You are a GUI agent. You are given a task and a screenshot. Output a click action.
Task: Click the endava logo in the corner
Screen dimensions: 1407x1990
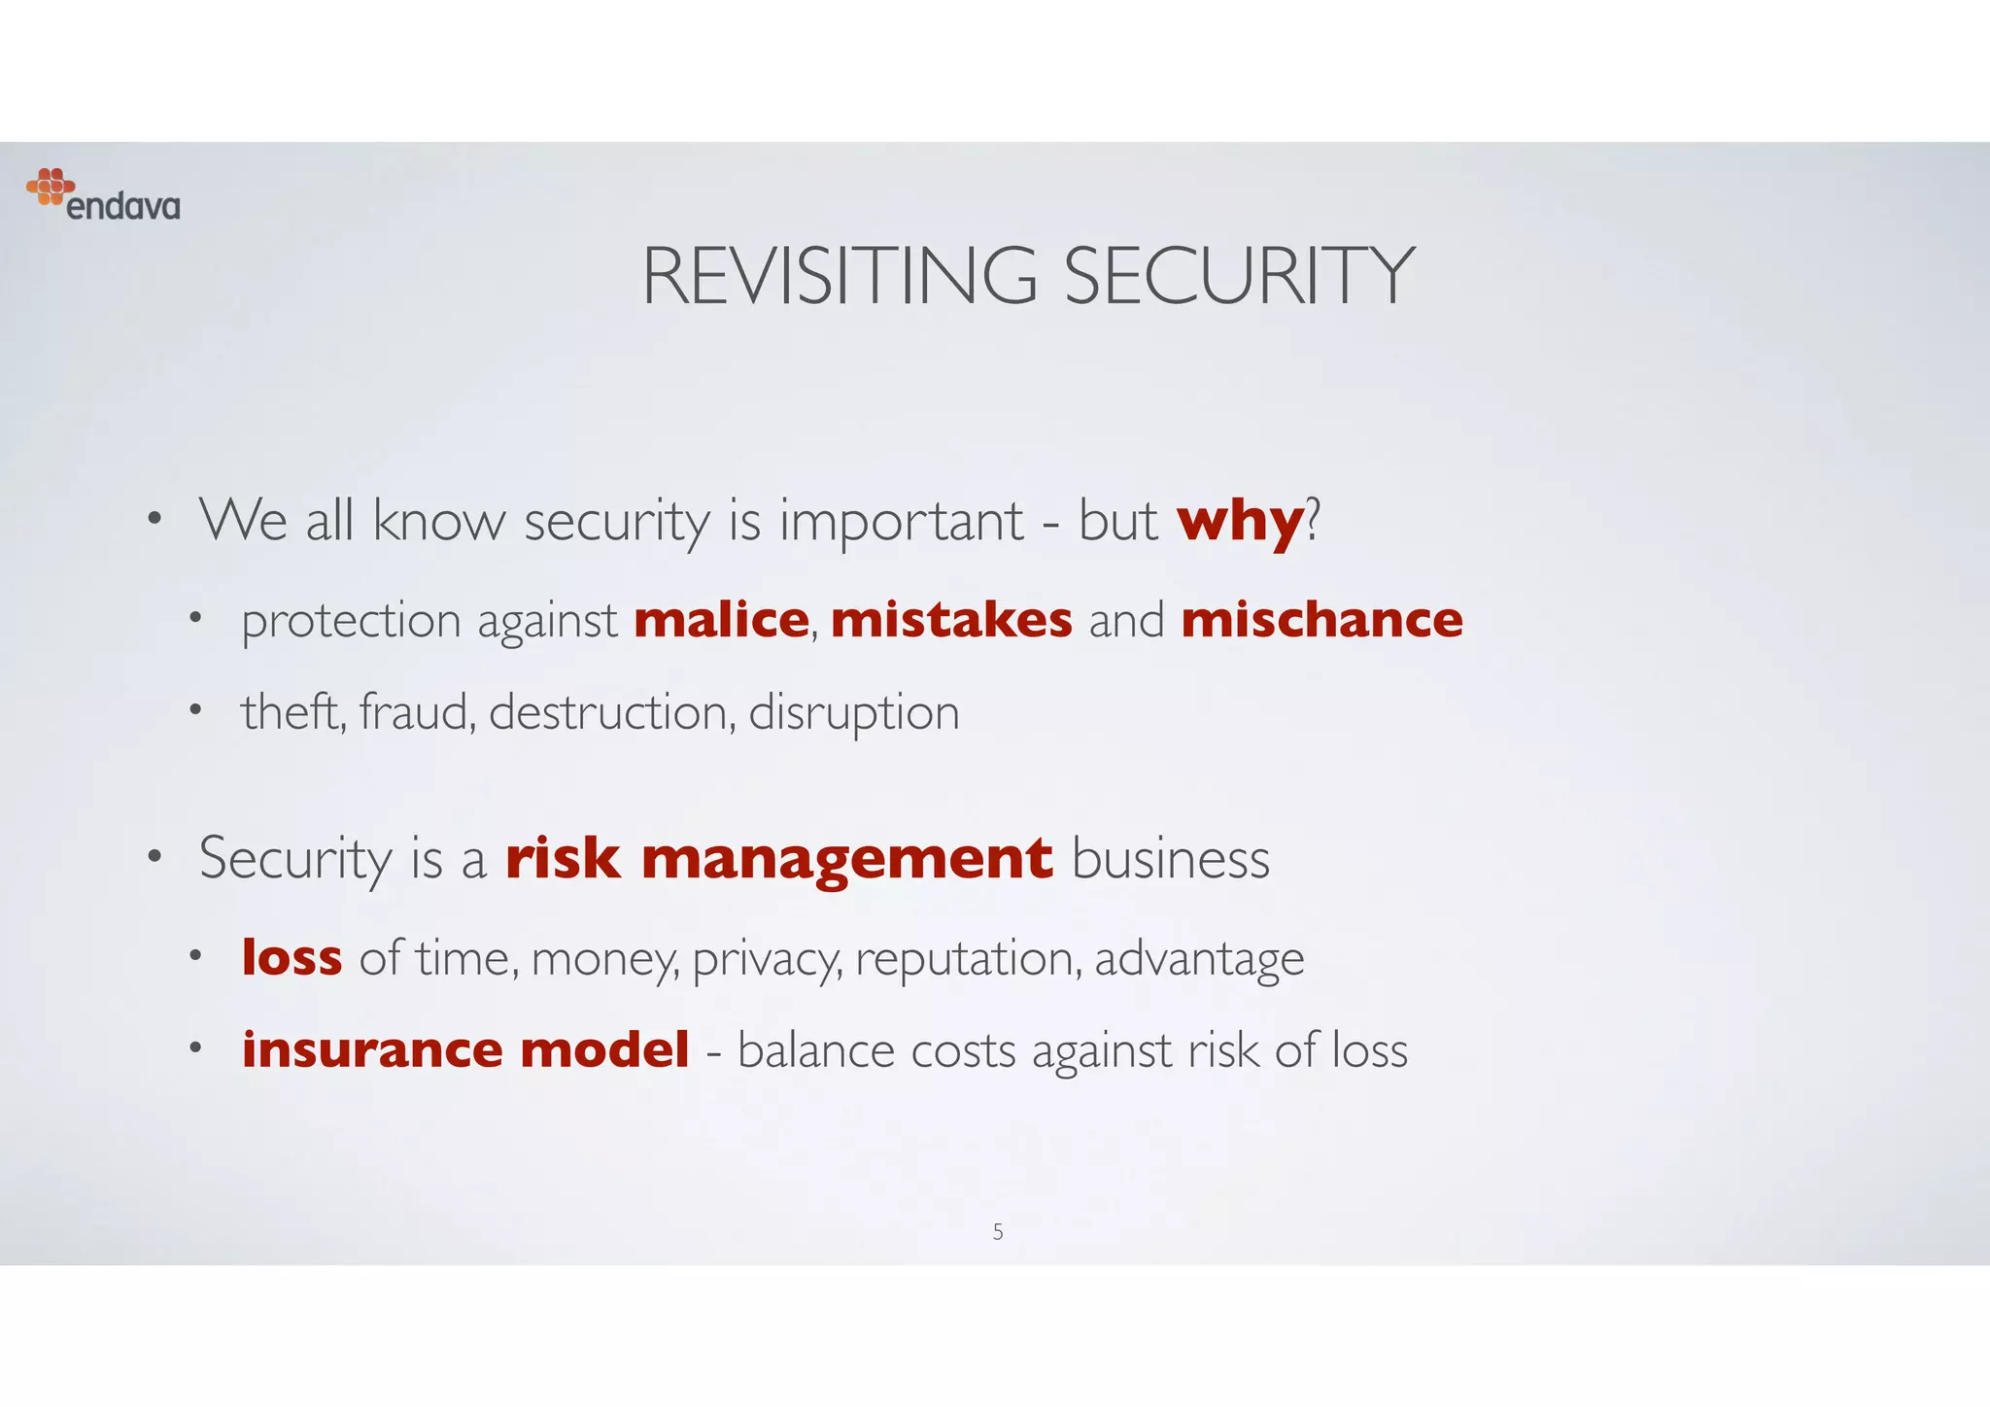(x=103, y=194)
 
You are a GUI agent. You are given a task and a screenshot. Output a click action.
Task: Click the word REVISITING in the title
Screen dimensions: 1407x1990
(x=840, y=277)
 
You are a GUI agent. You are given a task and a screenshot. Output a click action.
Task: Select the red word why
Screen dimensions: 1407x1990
(x=1240, y=521)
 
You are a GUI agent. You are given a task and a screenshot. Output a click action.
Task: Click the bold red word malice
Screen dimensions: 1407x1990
(x=721, y=620)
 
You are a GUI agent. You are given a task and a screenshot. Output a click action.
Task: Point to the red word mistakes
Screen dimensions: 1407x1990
(x=951, y=620)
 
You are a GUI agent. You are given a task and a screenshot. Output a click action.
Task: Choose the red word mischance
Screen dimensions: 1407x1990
(x=1321, y=620)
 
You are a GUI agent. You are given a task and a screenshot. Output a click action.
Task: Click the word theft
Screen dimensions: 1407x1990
(x=292, y=711)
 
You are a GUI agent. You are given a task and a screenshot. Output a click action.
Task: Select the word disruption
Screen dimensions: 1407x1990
(x=854, y=713)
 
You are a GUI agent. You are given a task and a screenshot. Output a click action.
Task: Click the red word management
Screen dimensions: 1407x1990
(x=846, y=859)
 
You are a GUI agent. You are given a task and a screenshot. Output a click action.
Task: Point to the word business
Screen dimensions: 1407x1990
(x=1171, y=859)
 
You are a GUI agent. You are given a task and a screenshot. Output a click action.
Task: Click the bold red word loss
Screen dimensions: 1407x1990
(x=292, y=957)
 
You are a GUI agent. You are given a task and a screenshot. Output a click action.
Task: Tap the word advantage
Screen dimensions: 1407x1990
(x=1199, y=959)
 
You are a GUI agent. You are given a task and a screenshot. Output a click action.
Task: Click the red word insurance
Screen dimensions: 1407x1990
(x=370, y=1049)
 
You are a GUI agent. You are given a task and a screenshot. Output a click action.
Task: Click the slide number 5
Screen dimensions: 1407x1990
(x=998, y=1232)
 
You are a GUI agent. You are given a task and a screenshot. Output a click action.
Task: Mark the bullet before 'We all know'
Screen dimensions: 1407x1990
(x=154, y=520)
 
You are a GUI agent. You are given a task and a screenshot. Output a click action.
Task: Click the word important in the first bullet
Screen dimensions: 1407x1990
(x=901, y=522)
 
